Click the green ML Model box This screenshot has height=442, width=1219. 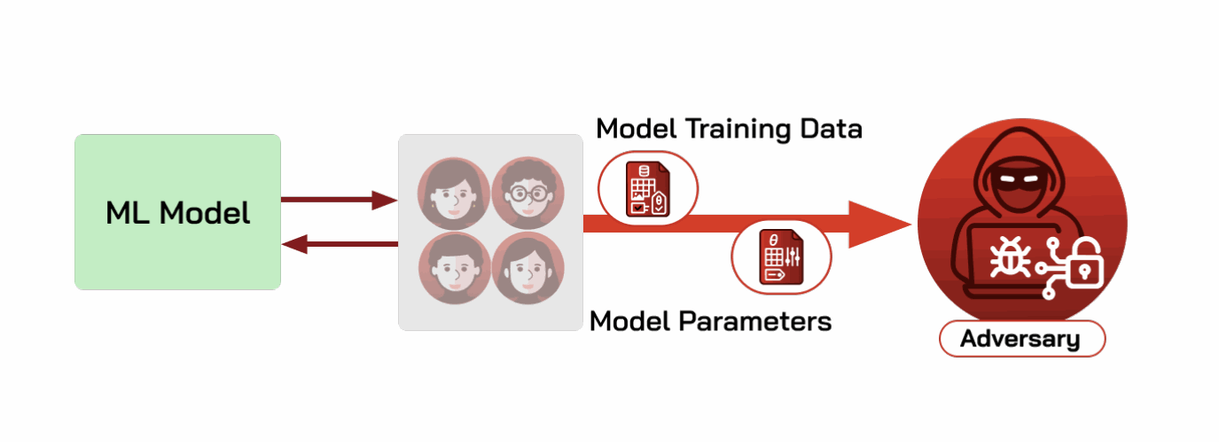tap(177, 212)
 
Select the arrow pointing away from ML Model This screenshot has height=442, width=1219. tap(340, 200)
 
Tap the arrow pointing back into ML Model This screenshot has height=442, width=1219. tap(340, 243)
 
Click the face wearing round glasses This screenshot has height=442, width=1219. tap(527, 193)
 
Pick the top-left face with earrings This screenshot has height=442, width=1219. tap(454, 193)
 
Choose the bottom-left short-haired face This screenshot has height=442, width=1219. tap(455, 268)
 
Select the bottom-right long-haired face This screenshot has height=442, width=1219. tap(527, 268)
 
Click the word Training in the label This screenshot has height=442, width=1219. tap(738, 130)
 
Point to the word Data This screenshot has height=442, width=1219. tap(831, 130)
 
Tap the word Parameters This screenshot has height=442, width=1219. tap(755, 321)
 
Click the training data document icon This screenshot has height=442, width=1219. tap(647, 188)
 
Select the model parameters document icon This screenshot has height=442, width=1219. tap(781, 257)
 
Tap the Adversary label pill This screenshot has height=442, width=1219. tap(1022, 338)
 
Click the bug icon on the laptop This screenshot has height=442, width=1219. tap(1010, 257)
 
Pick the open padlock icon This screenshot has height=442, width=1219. tap(1085, 264)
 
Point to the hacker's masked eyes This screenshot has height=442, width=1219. tap(1020, 178)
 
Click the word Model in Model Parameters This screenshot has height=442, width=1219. tap(630, 321)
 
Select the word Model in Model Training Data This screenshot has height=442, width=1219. tap(637, 130)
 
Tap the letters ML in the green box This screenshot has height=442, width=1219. tap(128, 212)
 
